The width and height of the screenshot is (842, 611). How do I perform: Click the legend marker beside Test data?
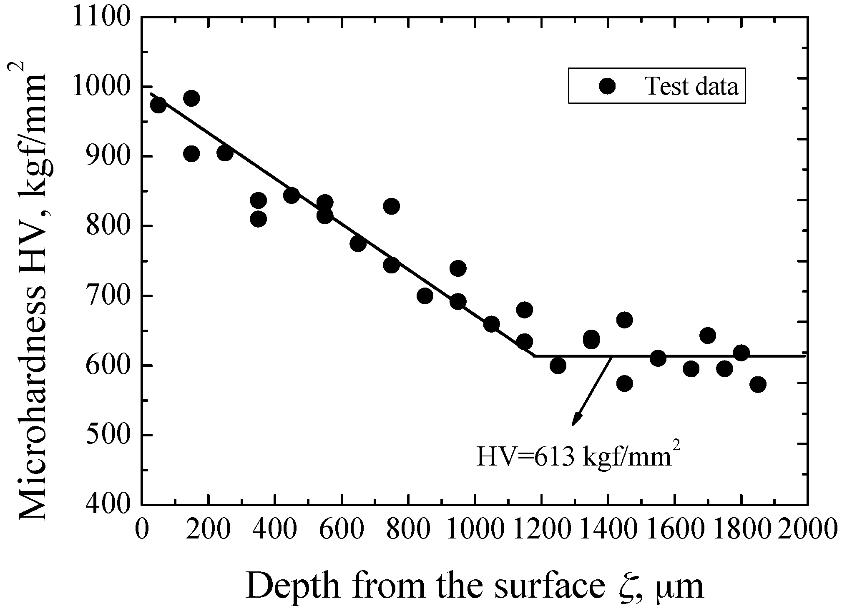coord(607,86)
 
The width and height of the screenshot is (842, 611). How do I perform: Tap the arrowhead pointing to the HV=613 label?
coord(575,421)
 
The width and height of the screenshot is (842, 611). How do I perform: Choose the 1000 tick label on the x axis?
coord(474,528)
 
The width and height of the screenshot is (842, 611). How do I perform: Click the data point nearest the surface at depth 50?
coord(158,105)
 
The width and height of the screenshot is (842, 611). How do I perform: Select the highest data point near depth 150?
coord(191,98)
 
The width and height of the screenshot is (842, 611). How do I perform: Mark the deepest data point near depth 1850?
coord(757,384)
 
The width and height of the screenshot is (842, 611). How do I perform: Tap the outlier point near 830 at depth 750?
coord(391,206)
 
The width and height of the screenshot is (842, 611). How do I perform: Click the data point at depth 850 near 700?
coord(425,296)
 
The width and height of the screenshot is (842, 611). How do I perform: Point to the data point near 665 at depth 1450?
coord(624,320)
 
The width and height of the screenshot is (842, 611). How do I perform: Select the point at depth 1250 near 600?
coord(558,366)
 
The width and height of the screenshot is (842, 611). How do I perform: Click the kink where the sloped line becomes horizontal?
coord(534,356)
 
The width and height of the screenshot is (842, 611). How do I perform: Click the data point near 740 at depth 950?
coord(458,268)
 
